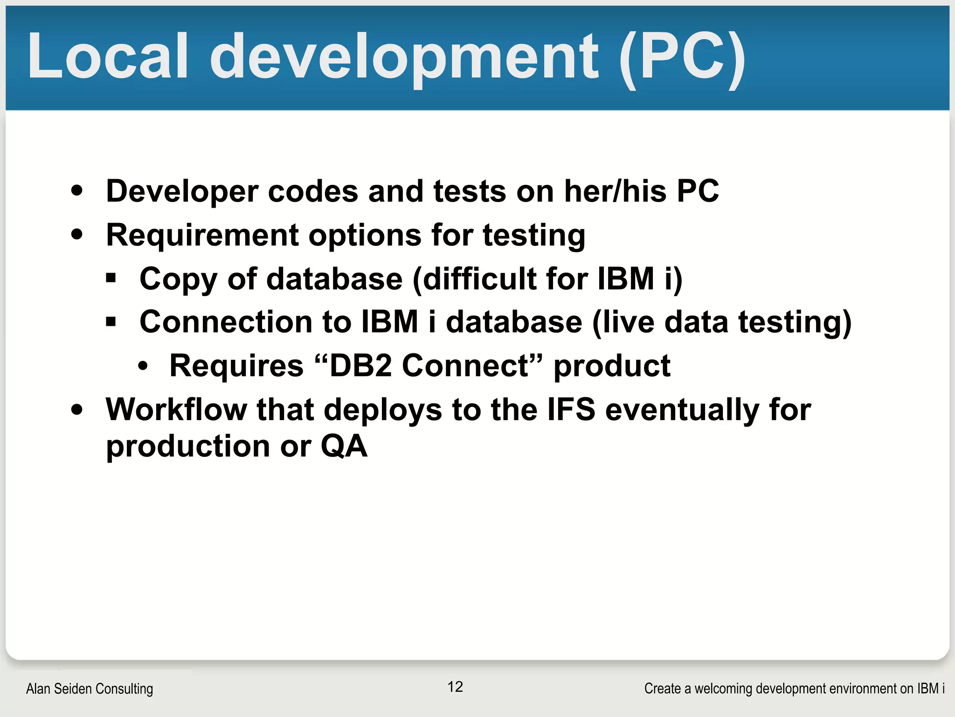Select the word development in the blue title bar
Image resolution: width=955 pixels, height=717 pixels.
(x=404, y=58)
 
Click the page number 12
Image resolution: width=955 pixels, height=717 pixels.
(x=455, y=687)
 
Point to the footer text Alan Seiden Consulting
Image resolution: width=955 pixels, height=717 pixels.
(x=90, y=689)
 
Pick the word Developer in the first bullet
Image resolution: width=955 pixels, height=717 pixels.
(x=182, y=191)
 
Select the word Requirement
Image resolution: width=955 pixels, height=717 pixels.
(x=202, y=235)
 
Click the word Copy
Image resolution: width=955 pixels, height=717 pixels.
(x=178, y=279)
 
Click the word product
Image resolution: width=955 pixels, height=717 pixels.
(x=612, y=366)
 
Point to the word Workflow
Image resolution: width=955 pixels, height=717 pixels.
(x=176, y=409)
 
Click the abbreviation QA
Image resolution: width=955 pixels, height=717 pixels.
(x=344, y=446)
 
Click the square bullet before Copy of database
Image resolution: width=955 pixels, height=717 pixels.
(x=111, y=279)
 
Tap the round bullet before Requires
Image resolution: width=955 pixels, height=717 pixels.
(x=143, y=366)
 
